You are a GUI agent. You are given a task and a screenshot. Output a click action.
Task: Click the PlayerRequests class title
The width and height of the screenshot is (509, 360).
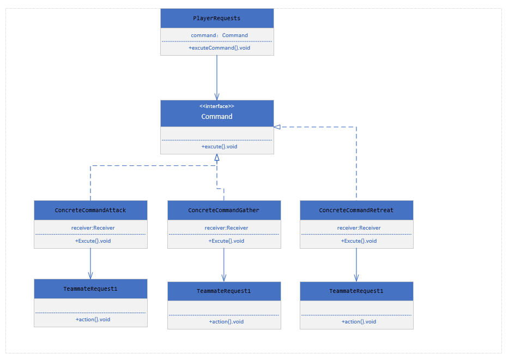(216, 18)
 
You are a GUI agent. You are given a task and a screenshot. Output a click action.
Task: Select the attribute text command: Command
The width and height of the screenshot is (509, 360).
(219, 35)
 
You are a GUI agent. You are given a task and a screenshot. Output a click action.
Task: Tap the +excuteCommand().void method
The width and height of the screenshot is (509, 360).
(219, 48)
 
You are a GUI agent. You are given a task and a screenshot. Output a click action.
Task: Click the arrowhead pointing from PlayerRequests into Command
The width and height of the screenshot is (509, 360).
(217, 97)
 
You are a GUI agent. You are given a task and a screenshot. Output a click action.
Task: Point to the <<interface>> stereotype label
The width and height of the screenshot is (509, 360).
(216, 106)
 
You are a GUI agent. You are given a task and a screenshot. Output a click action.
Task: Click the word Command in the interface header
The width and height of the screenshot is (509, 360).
(216, 116)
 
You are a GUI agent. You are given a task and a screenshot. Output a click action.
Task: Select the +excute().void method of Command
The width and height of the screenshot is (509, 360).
(219, 147)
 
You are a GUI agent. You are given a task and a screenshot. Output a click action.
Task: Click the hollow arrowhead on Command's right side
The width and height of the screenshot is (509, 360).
(277, 127)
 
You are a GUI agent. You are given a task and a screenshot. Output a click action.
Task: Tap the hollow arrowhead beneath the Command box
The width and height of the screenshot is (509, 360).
(217, 158)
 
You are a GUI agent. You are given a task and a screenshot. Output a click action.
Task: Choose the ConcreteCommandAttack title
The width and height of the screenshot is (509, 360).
(90, 210)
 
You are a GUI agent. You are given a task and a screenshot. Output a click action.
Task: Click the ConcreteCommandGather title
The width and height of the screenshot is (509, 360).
(223, 210)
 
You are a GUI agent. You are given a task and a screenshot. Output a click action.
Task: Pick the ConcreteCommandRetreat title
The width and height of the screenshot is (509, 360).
(356, 210)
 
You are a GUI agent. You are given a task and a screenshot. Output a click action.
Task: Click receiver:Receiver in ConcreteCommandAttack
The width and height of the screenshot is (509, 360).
(93, 228)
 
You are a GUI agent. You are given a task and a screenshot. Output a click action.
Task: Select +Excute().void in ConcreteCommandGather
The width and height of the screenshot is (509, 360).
(226, 241)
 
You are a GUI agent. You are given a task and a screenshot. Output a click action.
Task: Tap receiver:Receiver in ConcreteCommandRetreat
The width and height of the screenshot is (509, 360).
(359, 228)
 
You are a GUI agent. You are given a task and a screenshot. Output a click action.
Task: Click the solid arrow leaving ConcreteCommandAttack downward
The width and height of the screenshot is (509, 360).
(90, 264)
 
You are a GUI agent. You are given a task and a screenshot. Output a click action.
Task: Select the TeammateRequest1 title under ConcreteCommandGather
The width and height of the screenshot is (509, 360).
(223, 291)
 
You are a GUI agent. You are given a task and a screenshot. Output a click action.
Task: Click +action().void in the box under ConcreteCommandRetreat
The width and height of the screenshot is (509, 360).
(359, 322)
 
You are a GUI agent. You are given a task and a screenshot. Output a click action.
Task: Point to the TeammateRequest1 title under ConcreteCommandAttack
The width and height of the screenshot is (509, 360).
(90, 289)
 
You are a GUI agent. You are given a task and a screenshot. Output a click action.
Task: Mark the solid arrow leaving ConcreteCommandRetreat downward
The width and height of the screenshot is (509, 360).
(356, 265)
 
